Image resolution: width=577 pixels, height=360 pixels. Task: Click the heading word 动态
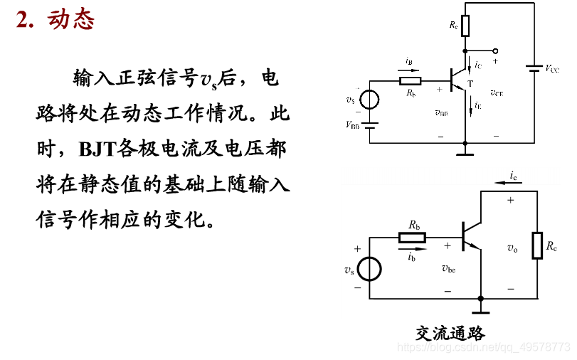[x=71, y=20]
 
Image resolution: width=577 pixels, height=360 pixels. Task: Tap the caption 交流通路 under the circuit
[x=450, y=333]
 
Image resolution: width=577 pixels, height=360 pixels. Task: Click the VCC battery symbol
[x=533, y=69]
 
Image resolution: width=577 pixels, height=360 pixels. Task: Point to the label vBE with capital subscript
[x=441, y=112]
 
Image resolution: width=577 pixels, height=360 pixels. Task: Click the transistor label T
[x=470, y=84]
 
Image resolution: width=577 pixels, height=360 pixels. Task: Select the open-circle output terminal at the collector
[x=495, y=51]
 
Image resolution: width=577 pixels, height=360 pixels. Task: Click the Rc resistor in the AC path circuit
[x=538, y=245]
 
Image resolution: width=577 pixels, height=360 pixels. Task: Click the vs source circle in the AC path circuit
[x=369, y=270]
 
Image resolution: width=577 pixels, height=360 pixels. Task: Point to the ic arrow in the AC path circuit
[x=514, y=182]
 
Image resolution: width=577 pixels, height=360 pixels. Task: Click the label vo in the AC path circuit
[x=512, y=248]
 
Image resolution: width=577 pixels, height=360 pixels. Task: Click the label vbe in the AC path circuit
[x=448, y=268]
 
